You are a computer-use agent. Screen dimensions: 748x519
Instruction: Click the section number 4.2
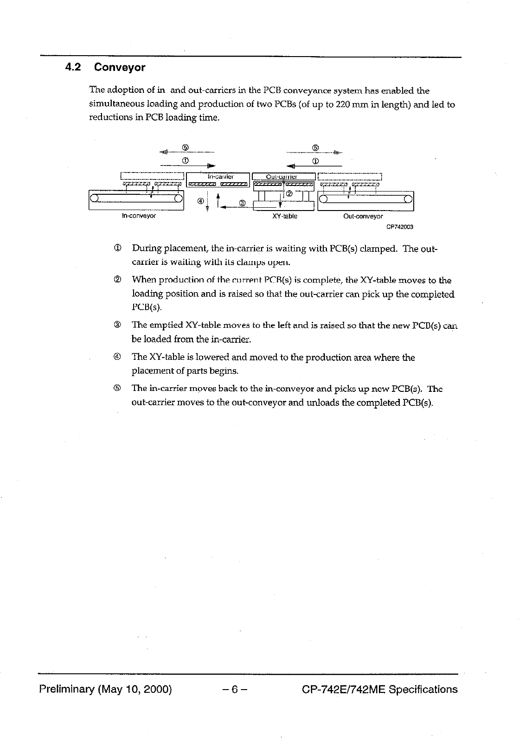click(73, 68)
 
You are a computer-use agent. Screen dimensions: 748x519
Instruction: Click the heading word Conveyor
click(120, 68)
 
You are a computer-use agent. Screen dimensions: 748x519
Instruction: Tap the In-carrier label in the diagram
click(220, 177)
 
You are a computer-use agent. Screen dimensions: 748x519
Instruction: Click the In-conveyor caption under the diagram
click(139, 216)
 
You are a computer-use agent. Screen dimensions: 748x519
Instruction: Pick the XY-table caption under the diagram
click(285, 217)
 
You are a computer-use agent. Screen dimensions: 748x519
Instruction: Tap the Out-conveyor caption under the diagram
click(363, 217)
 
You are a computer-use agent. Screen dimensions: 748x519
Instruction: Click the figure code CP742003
click(399, 227)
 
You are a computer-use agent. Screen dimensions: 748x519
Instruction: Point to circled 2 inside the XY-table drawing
click(289, 193)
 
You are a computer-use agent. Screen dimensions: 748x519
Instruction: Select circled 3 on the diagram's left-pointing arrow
click(242, 203)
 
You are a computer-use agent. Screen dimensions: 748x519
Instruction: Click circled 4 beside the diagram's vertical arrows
click(200, 201)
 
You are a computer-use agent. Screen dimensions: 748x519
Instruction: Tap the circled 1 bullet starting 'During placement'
click(117, 249)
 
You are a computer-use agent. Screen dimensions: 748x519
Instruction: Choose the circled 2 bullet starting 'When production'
click(117, 280)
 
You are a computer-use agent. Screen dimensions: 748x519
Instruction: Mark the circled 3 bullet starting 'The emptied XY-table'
click(117, 326)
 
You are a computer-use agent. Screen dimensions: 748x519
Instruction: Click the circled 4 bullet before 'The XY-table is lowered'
click(117, 358)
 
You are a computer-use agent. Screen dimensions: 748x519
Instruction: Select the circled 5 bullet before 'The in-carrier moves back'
click(117, 388)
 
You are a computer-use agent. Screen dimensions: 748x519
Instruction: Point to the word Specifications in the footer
click(423, 690)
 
